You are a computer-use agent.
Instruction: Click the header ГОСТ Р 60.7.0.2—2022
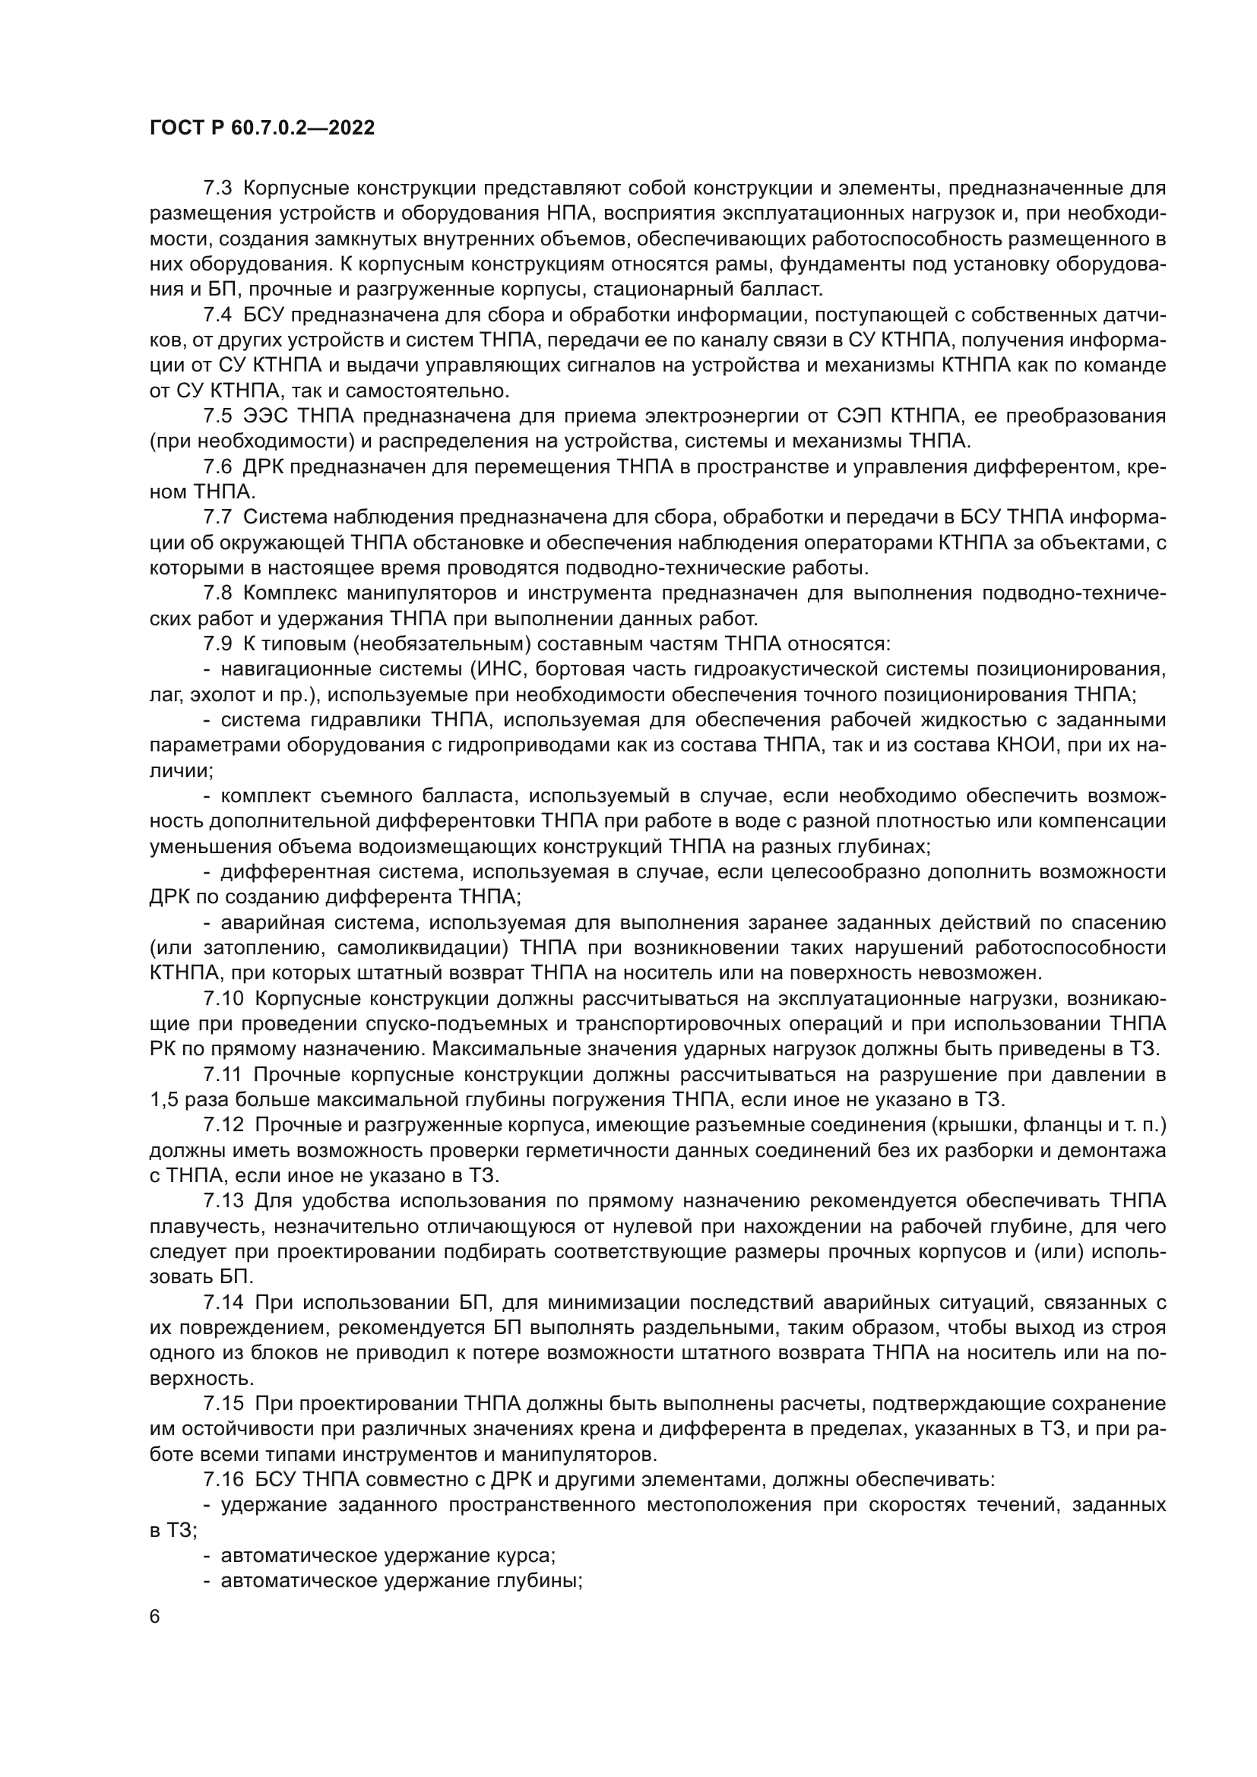(262, 128)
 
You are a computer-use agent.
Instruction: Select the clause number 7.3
(217, 188)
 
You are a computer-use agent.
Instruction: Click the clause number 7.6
(217, 466)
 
